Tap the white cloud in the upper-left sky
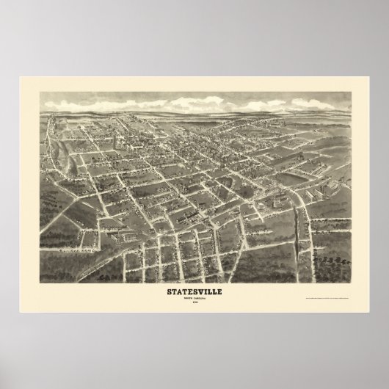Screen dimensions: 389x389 [x=73, y=110]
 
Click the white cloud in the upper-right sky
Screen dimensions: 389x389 [x=294, y=110]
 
